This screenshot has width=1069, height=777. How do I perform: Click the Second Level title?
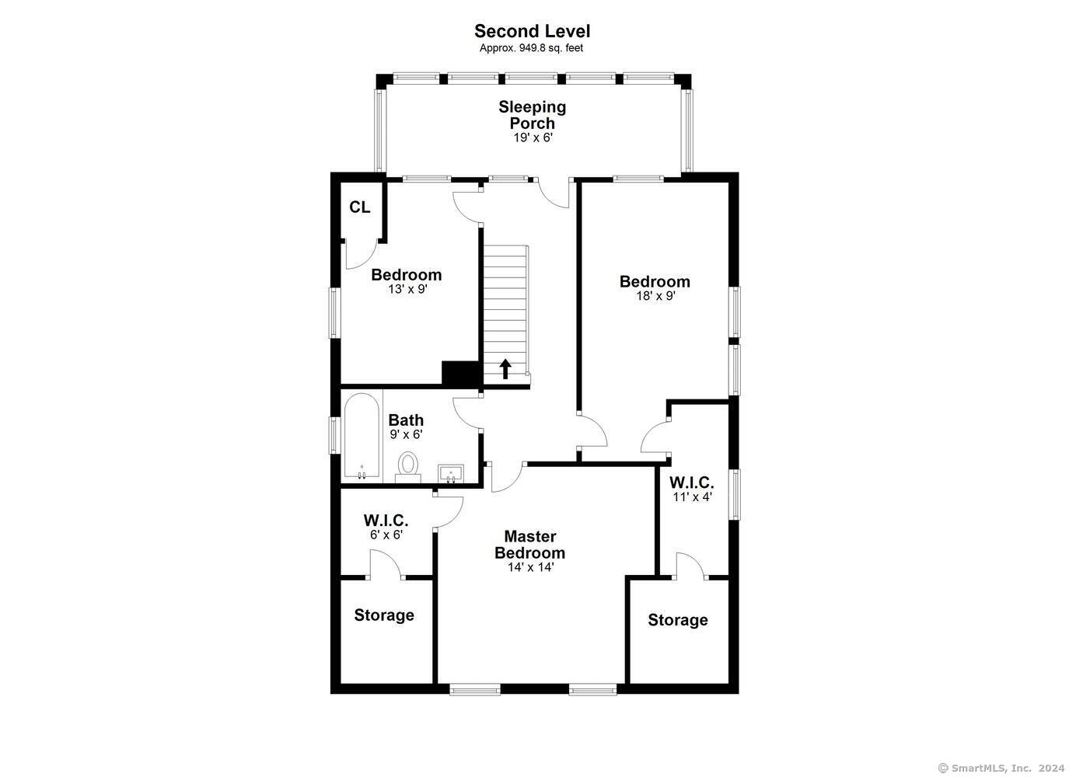[532, 32]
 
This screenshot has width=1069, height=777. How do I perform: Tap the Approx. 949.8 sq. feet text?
[531, 48]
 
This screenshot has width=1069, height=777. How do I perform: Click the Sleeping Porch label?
[532, 115]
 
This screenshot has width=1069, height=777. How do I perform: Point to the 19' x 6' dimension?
[533, 138]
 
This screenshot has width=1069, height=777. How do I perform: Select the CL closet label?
[360, 207]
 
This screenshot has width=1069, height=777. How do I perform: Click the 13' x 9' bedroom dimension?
[407, 289]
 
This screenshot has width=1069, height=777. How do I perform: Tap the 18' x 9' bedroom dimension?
[655, 296]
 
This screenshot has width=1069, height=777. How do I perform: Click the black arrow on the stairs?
[505, 369]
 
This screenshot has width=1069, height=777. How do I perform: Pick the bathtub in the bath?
[362, 437]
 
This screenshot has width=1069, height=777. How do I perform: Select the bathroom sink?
[450, 474]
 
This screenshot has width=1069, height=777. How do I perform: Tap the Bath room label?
[406, 420]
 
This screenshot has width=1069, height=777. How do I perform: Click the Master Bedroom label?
[529, 545]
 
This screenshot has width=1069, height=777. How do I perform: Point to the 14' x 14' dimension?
[531, 568]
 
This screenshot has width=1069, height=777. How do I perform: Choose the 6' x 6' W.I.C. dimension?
[386, 535]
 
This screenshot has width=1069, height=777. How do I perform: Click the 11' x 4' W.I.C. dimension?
[693, 497]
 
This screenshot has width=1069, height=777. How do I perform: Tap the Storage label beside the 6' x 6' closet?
[384, 615]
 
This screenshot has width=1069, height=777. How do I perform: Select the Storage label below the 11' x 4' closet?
[678, 620]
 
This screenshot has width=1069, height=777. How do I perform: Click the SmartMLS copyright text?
[1001, 768]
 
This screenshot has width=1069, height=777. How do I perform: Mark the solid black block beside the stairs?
[460, 374]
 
